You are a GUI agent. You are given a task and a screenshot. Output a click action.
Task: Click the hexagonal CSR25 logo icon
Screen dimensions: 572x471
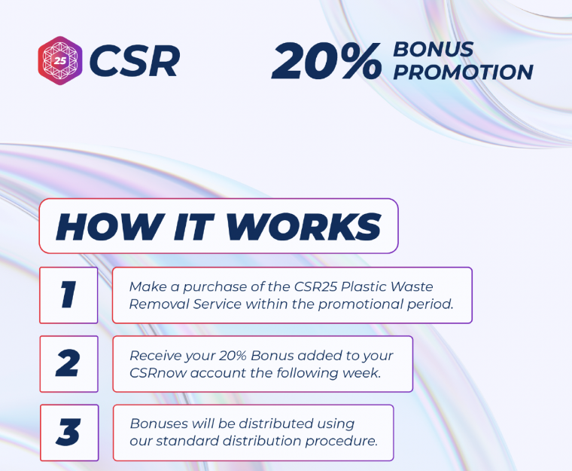[60, 60]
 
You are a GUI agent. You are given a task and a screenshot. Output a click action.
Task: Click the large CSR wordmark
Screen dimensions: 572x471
[135, 61]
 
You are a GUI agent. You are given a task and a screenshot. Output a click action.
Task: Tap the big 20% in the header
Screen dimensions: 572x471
[327, 60]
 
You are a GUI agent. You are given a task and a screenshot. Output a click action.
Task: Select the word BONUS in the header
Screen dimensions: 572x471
[434, 49]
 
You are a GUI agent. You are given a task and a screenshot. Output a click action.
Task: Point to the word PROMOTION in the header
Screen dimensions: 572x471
[464, 72]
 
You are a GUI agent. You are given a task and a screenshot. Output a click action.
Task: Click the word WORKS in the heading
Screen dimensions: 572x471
[304, 227]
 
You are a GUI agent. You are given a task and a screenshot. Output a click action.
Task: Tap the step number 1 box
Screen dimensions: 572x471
[68, 295]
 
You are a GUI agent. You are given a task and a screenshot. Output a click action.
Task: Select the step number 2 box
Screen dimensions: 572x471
[69, 364]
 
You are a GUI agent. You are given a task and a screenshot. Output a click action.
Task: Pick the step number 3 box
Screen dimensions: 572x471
[69, 433]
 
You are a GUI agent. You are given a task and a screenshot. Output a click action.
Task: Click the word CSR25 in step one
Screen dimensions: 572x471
[315, 286]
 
